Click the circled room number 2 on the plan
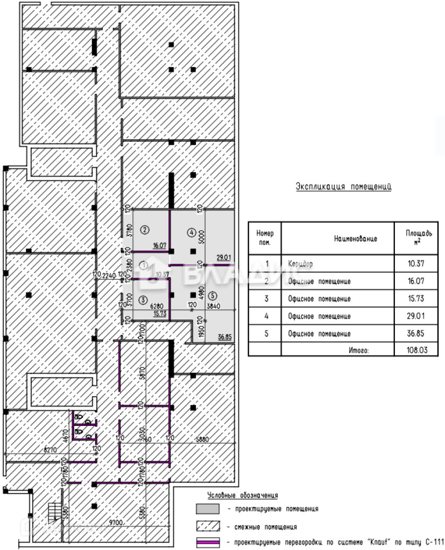coord(144,230)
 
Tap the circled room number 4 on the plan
coord(191,233)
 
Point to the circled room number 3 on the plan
coord(143,300)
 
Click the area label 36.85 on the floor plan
coord(225,337)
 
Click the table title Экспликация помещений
coord(343,187)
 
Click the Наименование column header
coord(355,238)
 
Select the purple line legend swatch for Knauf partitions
coord(207,542)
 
